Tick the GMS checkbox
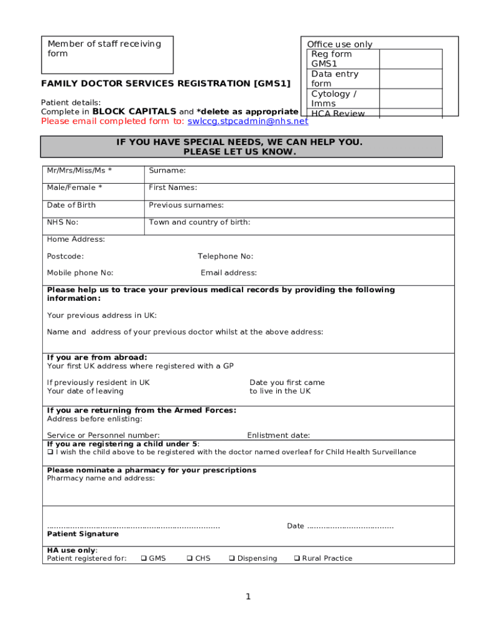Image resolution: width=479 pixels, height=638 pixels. point(144,558)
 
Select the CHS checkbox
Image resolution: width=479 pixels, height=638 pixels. point(190,558)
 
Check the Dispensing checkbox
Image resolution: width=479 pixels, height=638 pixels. point(231,558)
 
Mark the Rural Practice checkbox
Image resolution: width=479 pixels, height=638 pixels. point(297,558)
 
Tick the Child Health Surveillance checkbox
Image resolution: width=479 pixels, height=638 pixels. point(50,452)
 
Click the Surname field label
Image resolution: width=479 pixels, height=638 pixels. point(167,170)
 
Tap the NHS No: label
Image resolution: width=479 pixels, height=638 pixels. point(62,222)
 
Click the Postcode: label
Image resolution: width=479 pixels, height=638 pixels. point(65,256)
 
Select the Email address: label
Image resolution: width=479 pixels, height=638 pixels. point(228,273)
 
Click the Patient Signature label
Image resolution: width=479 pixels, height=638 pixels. point(83,534)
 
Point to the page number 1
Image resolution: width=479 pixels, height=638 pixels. point(248,597)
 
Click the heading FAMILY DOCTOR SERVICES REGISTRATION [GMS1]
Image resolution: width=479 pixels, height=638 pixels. point(165,83)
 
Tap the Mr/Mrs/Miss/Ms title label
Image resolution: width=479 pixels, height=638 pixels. point(79,170)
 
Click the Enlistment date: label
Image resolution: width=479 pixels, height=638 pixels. point(278,436)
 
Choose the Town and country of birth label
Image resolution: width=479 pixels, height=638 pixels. point(200,222)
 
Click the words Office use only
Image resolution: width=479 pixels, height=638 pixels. point(340,44)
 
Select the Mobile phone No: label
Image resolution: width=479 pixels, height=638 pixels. point(80,273)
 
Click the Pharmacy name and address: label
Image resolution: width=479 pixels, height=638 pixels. point(101,478)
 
